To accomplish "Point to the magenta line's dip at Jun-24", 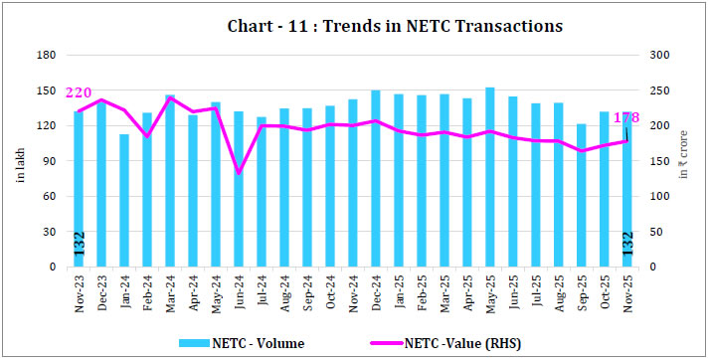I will coord(239,172).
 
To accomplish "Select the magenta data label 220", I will coord(79,92).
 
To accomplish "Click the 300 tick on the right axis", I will coord(657,55).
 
